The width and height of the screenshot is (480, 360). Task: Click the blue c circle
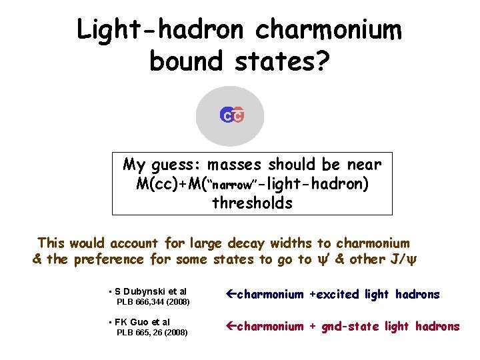(227, 116)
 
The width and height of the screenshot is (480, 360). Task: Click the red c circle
(237, 116)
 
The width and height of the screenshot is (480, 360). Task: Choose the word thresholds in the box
(252, 203)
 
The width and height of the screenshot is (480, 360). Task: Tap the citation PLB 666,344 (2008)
(153, 302)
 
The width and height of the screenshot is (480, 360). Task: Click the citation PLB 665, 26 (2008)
(152, 333)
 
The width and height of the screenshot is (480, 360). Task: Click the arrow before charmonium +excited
(231, 294)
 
